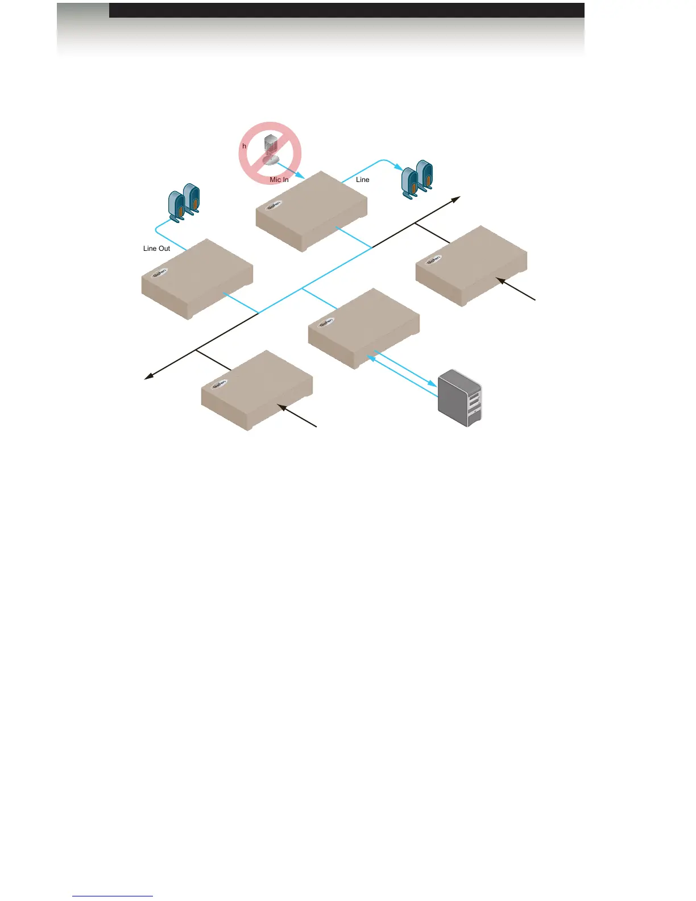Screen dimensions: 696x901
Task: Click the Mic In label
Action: [x=279, y=180]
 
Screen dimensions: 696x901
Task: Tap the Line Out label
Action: [x=156, y=249]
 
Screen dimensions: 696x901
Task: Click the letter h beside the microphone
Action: [x=245, y=146]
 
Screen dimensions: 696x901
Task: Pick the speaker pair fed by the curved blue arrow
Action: [x=417, y=179]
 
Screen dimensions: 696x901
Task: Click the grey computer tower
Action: [x=460, y=398]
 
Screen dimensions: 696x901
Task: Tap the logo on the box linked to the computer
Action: [x=326, y=323]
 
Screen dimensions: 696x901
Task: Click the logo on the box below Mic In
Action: [x=274, y=205]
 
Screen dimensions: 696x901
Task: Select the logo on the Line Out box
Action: [x=160, y=272]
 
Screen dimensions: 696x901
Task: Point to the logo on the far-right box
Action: [x=434, y=260]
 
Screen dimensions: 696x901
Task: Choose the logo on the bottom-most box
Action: [x=219, y=384]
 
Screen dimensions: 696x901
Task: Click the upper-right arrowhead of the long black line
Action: [x=456, y=199]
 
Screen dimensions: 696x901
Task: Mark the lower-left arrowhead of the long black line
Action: [x=148, y=376]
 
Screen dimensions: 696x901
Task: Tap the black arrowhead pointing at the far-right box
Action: [x=500, y=280]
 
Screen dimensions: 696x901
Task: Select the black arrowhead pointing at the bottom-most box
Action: [x=281, y=406]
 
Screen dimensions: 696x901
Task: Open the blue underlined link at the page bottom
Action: [x=113, y=896]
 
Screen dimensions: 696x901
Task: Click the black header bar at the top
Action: [x=346, y=10]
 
